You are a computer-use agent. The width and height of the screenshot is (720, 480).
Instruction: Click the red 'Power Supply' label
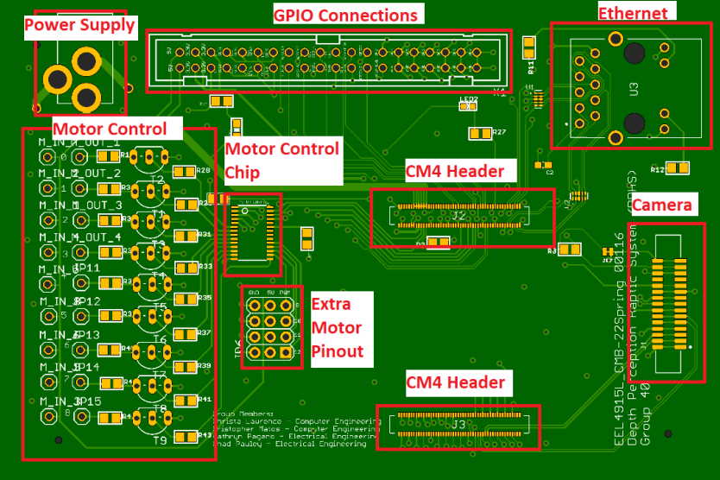(x=79, y=25)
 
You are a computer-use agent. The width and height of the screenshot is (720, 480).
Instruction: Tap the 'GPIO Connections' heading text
(x=345, y=16)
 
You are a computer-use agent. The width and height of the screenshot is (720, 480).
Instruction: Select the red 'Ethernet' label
(x=633, y=13)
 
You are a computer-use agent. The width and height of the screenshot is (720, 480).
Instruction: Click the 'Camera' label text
(x=662, y=205)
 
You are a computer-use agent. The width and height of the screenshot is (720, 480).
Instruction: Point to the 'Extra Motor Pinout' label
(x=338, y=328)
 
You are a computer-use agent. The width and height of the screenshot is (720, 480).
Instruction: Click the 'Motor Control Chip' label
(x=281, y=160)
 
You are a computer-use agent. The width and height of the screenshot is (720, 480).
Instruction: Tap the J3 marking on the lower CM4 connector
(x=458, y=425)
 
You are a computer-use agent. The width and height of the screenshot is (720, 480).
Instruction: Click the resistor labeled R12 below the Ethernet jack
(x=678, y=168)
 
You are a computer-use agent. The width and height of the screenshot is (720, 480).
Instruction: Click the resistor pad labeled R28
(x=184, y=172)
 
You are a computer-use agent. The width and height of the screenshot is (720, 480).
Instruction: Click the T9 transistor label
(x=161, y=441)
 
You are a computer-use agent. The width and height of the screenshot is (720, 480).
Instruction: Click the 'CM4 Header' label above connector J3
(x=456, y=381)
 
